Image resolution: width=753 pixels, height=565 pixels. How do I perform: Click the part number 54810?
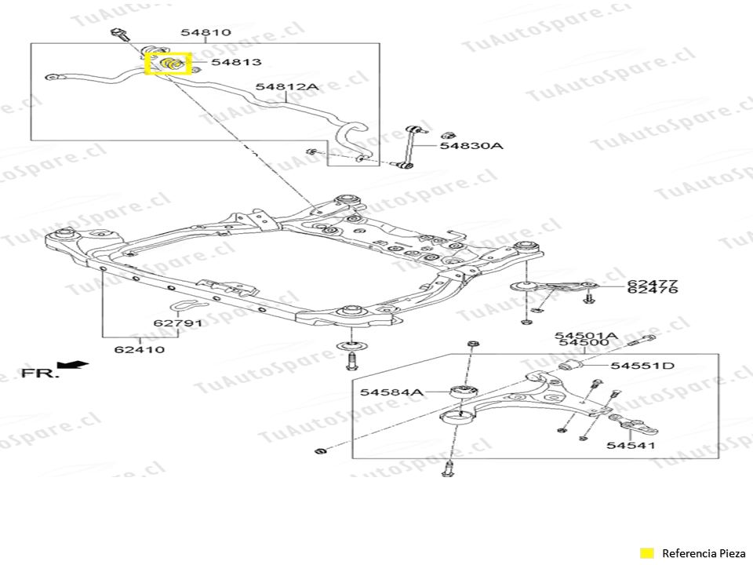[x=206, y=32]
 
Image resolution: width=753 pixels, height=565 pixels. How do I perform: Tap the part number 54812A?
[x=286, y=87]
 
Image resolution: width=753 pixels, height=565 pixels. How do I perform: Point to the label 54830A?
[x=471, y=145]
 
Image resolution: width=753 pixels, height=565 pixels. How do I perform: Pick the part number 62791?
[x=177, y=323]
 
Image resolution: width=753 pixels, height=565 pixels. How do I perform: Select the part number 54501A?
[x=585, y=335]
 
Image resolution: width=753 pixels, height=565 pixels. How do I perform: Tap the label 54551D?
[x=642, y=366]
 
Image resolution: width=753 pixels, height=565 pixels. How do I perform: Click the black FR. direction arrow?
[x=77, y=365]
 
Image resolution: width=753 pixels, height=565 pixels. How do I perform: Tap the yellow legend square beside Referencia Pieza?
[x=646, y=552]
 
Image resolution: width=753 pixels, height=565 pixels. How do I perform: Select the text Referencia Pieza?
[x=700, y=552]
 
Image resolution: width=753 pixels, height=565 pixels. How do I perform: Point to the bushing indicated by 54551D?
[x=573, y=366]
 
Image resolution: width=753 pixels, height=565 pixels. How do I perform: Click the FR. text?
[x=39, y=373]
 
